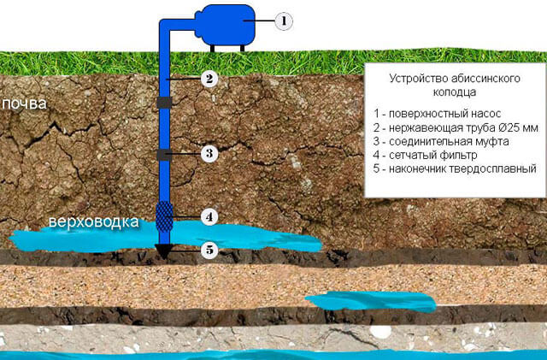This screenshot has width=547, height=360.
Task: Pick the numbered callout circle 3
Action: pos(208,154)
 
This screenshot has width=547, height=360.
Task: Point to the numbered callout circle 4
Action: pos(208,216)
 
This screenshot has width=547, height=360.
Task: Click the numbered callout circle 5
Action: pos(208,250)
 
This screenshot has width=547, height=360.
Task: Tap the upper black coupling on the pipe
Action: pos(165,103)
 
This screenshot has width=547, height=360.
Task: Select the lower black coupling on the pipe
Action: pos(165,155)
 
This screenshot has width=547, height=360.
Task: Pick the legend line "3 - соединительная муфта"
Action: pos(435,142)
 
